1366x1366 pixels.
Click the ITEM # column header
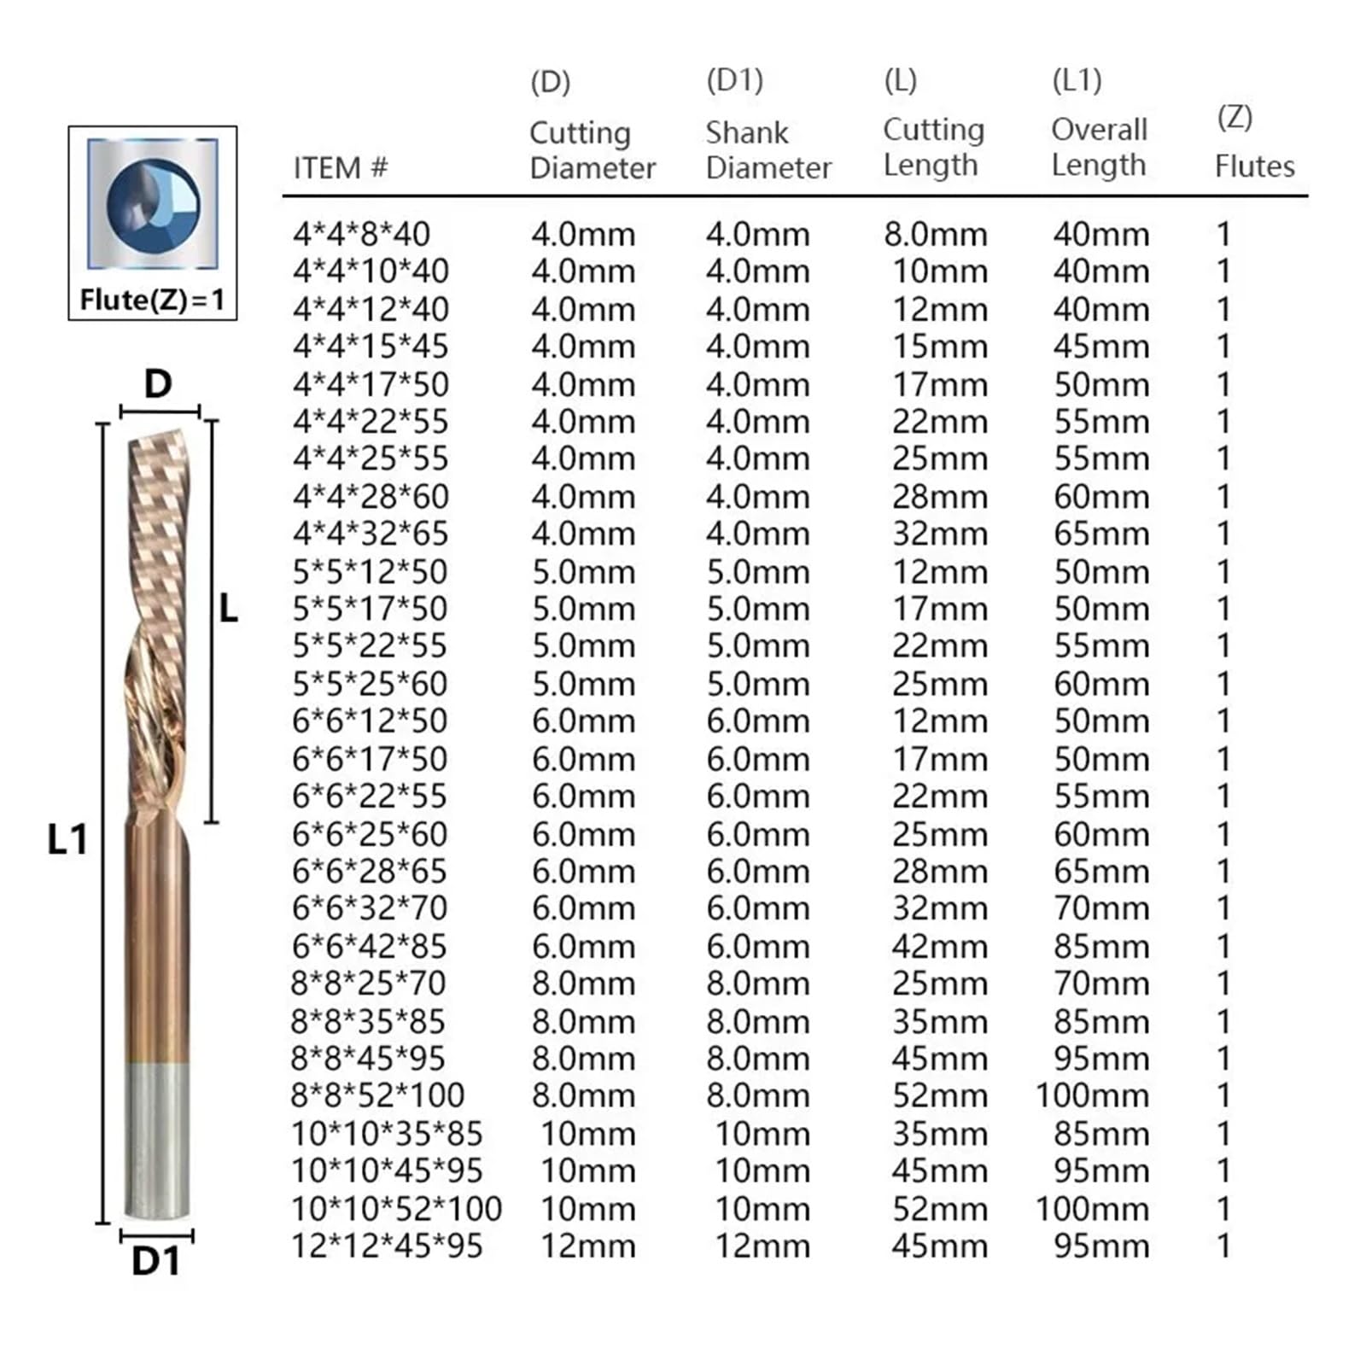click(340, 168)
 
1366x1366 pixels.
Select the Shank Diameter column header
click(768, 150)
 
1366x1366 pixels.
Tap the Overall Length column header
click(1099, 148)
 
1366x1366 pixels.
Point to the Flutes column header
click(1254, 166)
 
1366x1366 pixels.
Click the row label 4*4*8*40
click(361, 234)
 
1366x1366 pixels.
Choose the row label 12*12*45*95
click(387, 1246)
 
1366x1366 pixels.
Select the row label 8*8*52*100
click(377, 1095)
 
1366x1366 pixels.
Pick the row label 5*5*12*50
click(370, 571)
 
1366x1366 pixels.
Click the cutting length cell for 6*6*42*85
click(939, 946)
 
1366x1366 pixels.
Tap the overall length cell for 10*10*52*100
click(1092, 1209)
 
